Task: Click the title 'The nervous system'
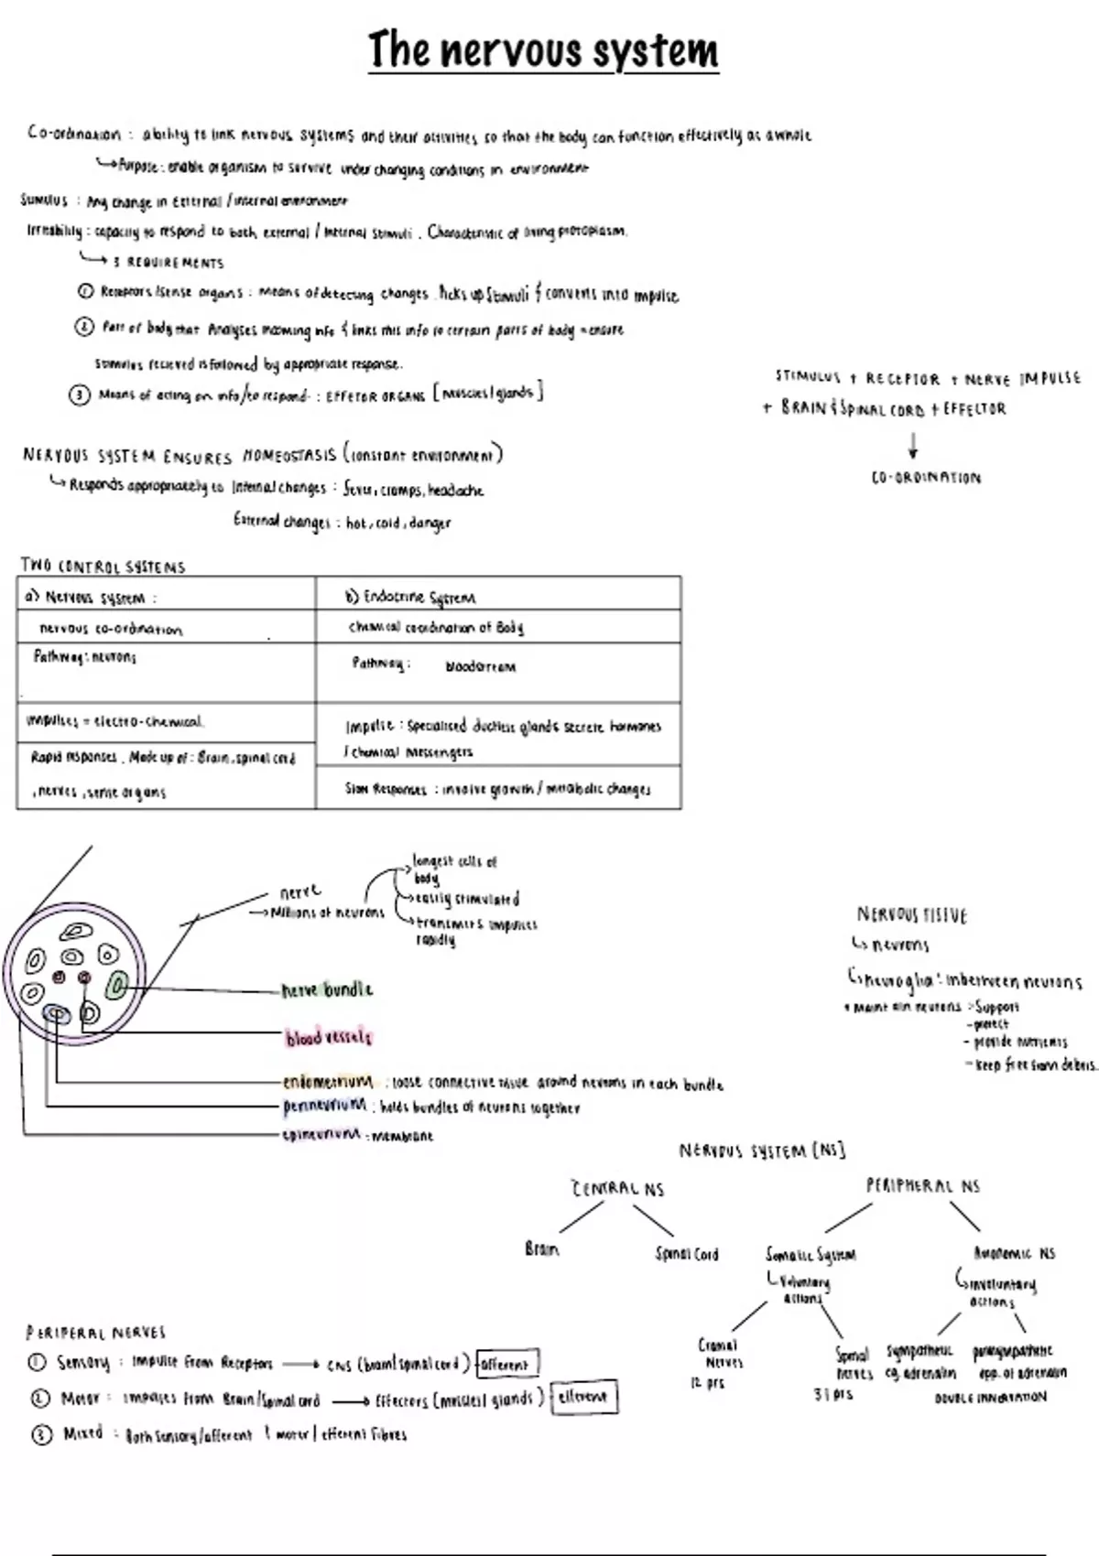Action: pyautogui.click(x=543, y=50)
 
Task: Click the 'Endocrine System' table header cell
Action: pyautogui.click(x=411, y=597)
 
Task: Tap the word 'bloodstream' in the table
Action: pyautogui.click(x=480, y=666)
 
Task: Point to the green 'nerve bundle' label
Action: pyautogui.click(x=327, y=989)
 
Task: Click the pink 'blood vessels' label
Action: pyautogui.click(x=329, y=1037)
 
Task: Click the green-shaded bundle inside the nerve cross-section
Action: pyautogui.click(x=117, y=986)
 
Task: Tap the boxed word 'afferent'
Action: pyautogui.click(x=506, y=1364)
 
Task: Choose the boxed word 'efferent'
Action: pyautogui.click(x=583, y=1398)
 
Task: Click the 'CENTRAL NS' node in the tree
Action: pyautogui.click(x=618, y=1189)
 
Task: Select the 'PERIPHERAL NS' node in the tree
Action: pyautogui.click(x=922, y=1186)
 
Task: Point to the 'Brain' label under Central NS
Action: pyautogui.click(x=542, y=1248)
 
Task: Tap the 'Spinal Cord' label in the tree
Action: pyautogui.click(x=687, y=1254)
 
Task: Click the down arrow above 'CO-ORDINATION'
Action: pyautogui.click(x=912, y=446)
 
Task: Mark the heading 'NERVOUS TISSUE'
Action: pyautogui.click(x=911, y=914)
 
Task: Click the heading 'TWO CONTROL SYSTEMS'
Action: pyautogui.click(x=103, y=567)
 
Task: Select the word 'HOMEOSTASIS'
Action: pyautogui.click(x=289, y=455)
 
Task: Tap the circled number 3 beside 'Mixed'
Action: pyautogui.click(x=42, y=1434)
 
